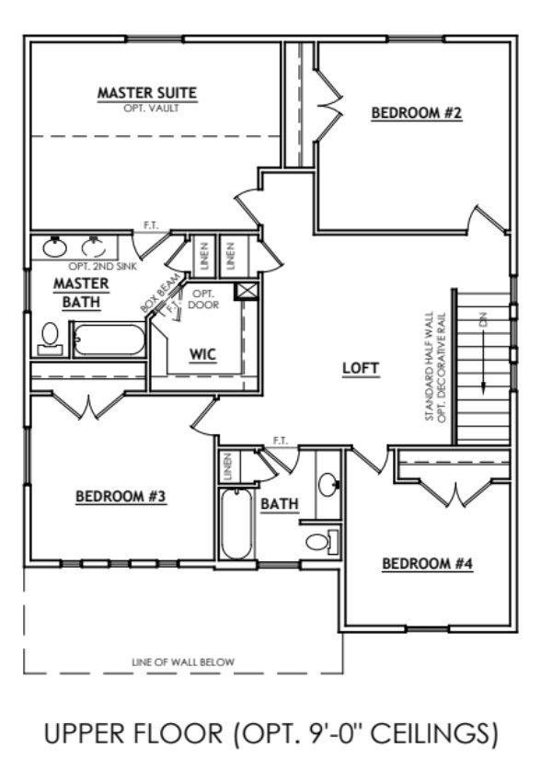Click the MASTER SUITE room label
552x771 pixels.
(x=148, y=93)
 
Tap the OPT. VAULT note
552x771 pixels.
(x=148, y=108)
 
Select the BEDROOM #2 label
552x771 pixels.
(x=416, y=114)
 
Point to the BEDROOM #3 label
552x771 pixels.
(x=121, y=497)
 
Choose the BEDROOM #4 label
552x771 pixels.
(x=427, y=563)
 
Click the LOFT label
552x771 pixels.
(x=361, y=368)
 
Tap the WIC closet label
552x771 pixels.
(x=202, y=354)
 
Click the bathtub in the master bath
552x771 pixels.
(x=109, y=339)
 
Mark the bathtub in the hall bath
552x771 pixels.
(x=236, y=523)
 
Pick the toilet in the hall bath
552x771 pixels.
(x=321, y=541)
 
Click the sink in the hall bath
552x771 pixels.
(x=328, y=483)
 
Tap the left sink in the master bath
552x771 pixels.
(x=55, y=247)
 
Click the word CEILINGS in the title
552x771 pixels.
(x=431, y=733)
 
